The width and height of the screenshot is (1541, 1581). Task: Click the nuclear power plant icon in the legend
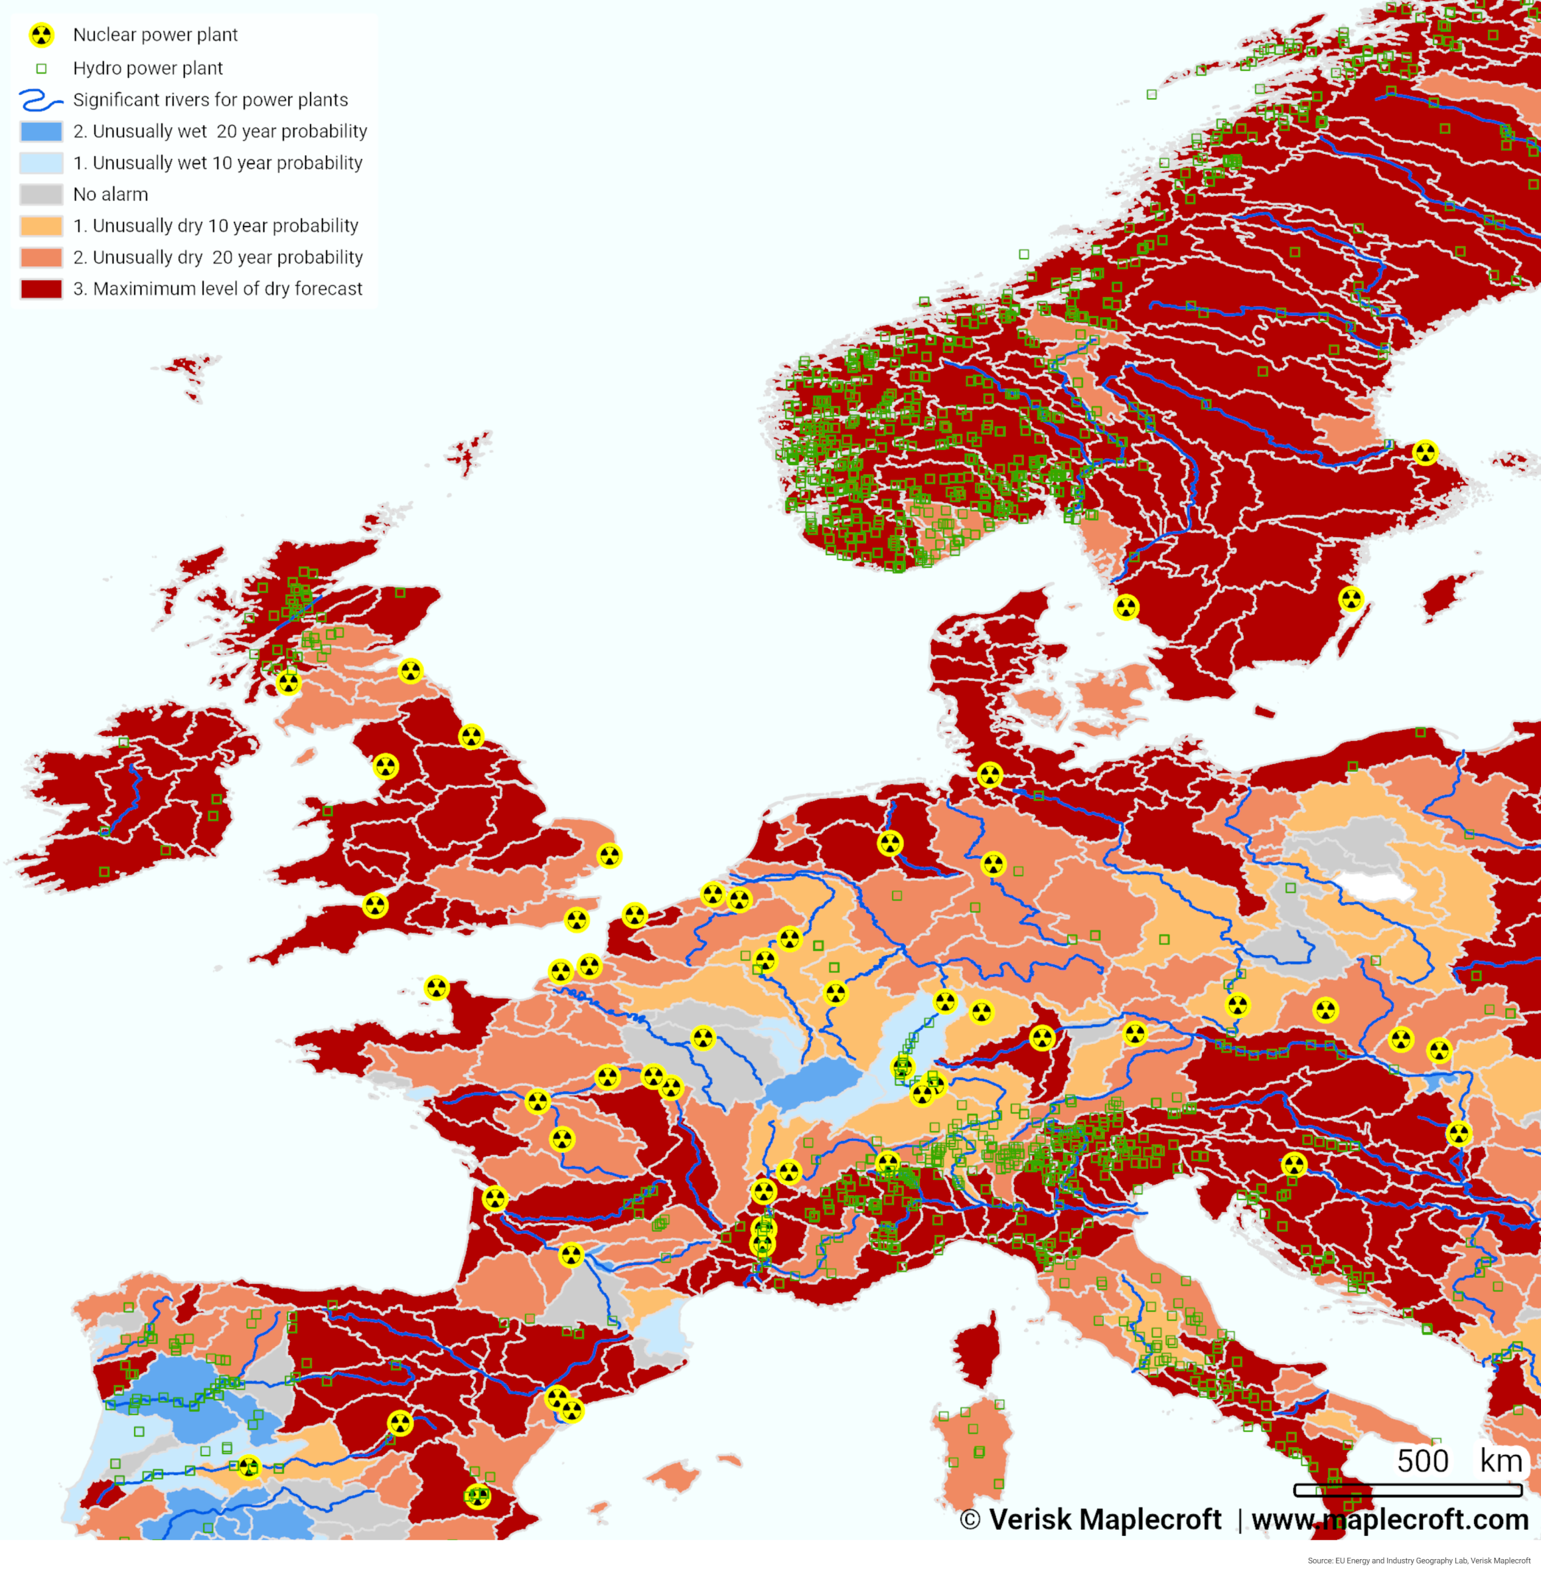coord(41,35)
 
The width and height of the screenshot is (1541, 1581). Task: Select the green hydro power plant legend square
coord(41,69)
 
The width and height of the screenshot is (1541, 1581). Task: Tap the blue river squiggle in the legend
coord(40,100)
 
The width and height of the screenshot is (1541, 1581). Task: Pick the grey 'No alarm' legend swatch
coord(41,194)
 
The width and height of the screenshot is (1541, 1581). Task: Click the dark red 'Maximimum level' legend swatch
coord(41,289)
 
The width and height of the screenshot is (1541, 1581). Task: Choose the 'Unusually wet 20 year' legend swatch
coord(41,131)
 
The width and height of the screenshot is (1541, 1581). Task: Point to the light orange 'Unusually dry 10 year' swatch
coord(41,226)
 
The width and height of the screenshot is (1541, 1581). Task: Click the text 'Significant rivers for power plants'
coord(210,100)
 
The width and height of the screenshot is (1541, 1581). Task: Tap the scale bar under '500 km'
coord(1408,1490)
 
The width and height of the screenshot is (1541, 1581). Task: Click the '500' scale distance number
coord(1422,1461)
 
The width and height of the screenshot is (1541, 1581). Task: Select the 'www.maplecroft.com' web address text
coord(1390,1519)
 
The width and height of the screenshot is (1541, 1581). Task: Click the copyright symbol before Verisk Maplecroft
coord(970,1519)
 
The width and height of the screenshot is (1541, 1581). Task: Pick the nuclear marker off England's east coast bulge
coord(609,856)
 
